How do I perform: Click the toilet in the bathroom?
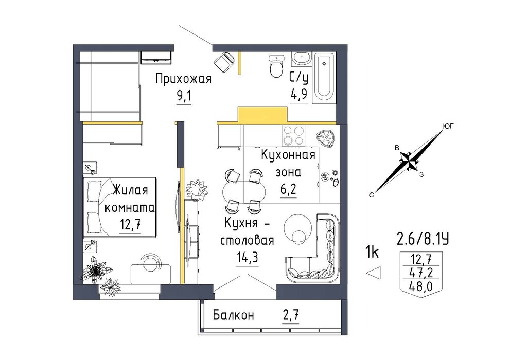coord(276,66)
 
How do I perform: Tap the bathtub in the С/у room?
coord(324,78)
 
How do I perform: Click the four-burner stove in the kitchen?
coord(293,135)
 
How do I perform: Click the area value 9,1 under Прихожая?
coord(184,97)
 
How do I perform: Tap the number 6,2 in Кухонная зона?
coord(288,189)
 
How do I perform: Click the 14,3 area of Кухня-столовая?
coord(248,258)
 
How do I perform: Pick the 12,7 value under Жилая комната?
coord(130,225)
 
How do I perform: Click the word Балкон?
coord(233,315)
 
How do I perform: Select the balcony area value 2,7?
coord(290,315)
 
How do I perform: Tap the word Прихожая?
coord(183,79)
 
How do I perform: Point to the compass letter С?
coord(371,195)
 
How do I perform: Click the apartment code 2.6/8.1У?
coord(423,240)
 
